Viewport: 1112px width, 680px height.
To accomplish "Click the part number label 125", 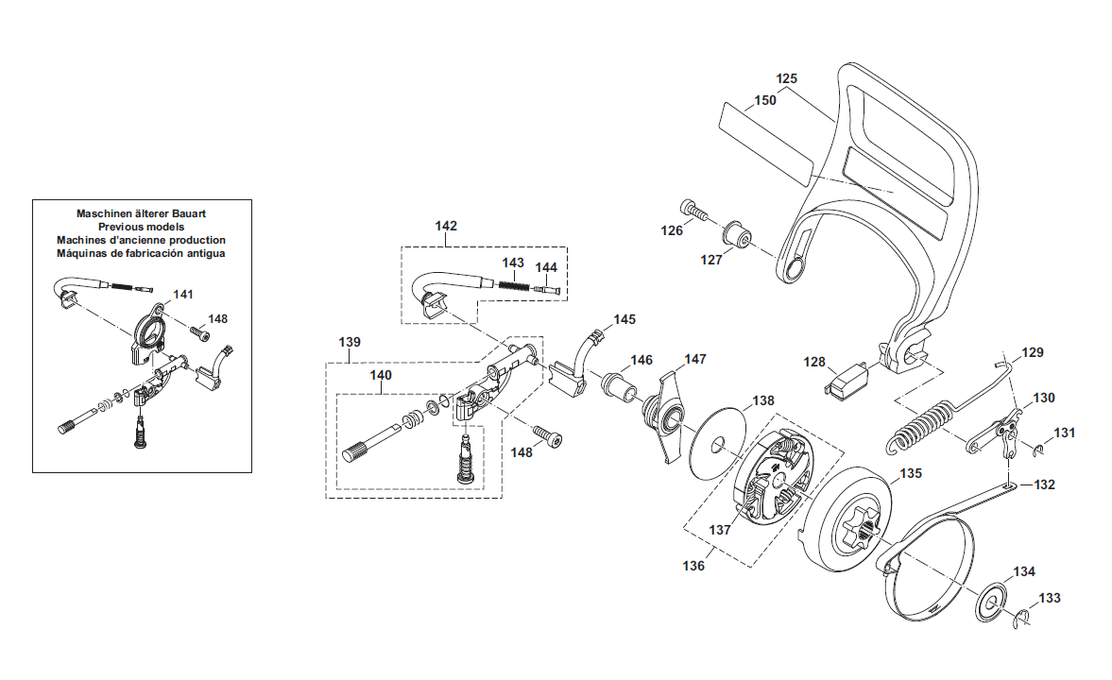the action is click(786, 78).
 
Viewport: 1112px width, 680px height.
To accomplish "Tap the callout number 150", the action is click(765, 101).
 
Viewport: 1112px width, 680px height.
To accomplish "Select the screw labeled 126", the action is click(693, 210).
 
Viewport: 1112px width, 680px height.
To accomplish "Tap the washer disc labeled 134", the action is click(991, 603).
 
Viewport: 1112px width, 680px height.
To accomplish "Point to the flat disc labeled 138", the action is click(718, 445).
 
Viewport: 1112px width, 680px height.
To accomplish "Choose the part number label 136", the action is click(693, 566).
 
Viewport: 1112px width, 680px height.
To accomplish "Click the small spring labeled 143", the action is click(514, 285).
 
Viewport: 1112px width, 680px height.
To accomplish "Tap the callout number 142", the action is click(446, 226).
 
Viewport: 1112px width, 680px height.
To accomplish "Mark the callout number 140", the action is click(381, 375).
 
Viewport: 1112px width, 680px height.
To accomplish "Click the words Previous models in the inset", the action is click(141, 227).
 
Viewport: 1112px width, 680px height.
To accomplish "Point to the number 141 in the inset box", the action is click(183, 295).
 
